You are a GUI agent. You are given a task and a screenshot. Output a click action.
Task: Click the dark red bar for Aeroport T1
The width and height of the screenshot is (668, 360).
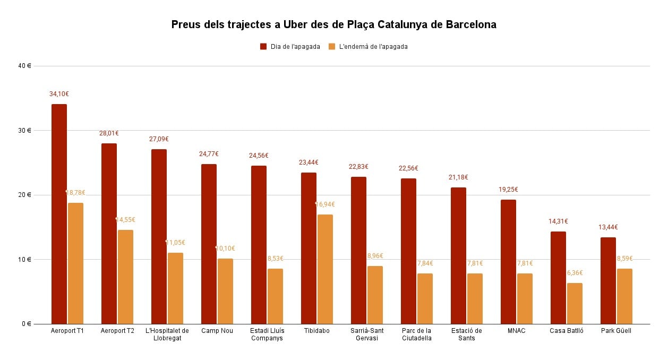[59, 214]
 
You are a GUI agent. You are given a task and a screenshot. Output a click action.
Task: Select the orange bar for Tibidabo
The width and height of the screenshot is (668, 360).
[325, 269]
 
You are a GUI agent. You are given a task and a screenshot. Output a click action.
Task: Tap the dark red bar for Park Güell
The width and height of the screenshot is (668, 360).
[608, 280]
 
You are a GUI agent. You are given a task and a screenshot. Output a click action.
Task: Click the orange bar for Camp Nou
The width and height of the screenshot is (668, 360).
[225, 291]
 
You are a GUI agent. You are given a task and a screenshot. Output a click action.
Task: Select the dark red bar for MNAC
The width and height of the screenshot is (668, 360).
[508, 262]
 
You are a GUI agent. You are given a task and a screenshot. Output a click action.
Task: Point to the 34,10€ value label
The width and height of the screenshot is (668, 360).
[59, 94]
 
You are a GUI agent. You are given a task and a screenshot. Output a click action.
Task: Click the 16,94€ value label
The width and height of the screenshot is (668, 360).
[326, 204]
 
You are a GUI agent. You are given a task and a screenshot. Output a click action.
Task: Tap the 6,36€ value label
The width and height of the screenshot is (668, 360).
[575, 273]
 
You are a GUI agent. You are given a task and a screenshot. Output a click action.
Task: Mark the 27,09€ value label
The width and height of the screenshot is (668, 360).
[159, 139]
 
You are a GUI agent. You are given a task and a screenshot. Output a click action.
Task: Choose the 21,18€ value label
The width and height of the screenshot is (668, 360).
[458, 177]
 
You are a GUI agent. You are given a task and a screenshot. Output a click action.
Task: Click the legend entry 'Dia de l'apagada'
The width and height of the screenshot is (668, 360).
[290, 47]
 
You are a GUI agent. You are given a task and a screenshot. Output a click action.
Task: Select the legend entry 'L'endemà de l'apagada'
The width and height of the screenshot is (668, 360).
[368, 47]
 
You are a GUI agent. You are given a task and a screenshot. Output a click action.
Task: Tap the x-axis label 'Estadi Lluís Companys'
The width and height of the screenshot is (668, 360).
[267, 335]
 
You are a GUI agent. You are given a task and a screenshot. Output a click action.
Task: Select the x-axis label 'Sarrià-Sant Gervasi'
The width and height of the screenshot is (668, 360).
[367, 335]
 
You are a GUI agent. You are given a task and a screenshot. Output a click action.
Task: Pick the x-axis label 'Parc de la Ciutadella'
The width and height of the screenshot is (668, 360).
[417, 335]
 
